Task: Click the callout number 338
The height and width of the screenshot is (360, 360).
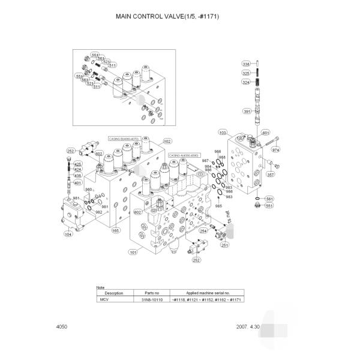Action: pos(246,64)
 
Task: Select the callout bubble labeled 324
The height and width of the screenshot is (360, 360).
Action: pos(246,83)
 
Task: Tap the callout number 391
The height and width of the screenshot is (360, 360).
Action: pos(246,111)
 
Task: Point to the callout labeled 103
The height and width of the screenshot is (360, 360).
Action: pos(223,131)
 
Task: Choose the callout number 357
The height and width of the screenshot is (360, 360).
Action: pos(270,175)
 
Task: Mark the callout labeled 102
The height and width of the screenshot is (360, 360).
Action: pos(167,141)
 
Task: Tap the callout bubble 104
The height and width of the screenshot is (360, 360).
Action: pos(68,235)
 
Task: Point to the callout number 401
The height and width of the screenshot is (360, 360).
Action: pos(77,182)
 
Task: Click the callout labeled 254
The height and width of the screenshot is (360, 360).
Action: pos(203,230)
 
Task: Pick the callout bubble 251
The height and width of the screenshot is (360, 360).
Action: pos(224,245)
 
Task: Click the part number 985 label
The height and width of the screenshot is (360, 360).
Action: pos(218,206)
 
